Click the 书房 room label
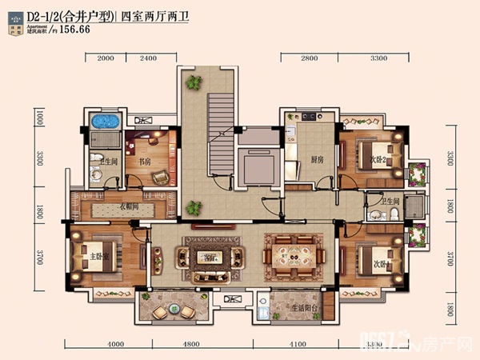pos(145,161)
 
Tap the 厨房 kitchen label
pos(317,159)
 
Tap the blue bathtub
pos(105,123)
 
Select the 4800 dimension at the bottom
pos(190,345)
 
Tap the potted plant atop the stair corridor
pos(193,82)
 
